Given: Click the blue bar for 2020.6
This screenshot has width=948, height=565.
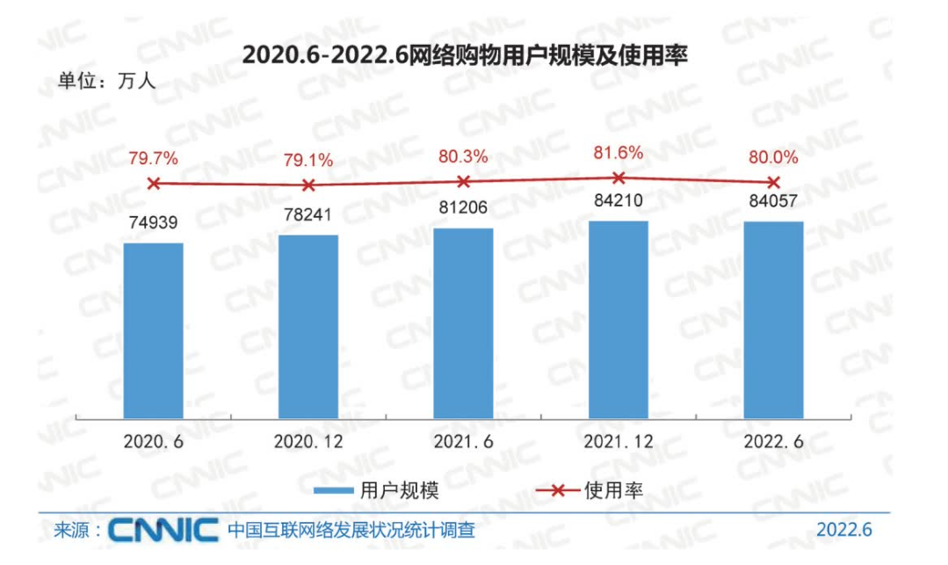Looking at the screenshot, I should point(153,330).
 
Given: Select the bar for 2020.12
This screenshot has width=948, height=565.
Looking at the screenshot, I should point(308,326).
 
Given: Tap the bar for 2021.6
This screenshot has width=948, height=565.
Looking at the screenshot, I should point(463,322).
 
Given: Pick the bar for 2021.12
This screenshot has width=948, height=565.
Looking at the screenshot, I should point(619,319).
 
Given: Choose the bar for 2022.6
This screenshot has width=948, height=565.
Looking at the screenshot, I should point(773,319).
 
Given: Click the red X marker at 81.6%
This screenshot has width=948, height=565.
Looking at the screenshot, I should point(619,177).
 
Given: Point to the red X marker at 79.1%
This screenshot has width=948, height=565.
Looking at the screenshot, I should point(308,185).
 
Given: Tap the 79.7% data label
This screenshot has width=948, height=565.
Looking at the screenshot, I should point(154,159).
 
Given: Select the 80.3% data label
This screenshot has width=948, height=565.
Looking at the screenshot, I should point(463,156).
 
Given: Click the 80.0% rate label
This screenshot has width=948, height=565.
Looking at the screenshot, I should point(774,158).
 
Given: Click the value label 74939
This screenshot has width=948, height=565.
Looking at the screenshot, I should point(154,224).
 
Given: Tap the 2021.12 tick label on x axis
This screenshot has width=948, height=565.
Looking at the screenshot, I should point(619,440).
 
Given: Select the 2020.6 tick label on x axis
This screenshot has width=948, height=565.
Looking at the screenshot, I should point(154,440).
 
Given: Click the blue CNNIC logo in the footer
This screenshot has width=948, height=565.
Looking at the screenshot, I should point(163,530).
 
